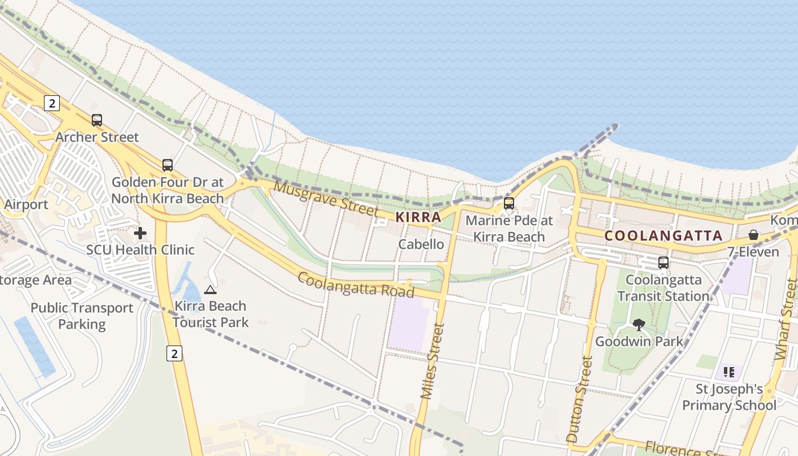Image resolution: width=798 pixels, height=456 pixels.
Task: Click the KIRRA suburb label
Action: (x=418, y=217)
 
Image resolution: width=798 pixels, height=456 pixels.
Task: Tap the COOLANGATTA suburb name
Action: (x=663, y=235)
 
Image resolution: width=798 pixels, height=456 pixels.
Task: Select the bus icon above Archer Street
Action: (x=97, y=120)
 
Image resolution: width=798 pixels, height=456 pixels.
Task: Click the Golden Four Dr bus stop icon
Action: (x=167, y=165)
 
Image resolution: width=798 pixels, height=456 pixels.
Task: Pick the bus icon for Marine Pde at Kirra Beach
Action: (x=509, y=203)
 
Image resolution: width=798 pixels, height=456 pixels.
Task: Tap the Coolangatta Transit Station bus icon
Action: (x=663, y=263)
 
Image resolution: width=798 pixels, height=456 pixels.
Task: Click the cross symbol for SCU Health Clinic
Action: (x=140, y=233)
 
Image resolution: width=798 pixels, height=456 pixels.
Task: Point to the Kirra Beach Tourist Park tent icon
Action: (x=210, y=290)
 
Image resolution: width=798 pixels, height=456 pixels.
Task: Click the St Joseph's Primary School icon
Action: (x=729, y=373)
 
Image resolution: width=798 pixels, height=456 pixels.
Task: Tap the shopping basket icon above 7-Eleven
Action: (x=754, y=235)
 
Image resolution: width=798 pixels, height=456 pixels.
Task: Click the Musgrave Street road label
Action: (x=326, y=198)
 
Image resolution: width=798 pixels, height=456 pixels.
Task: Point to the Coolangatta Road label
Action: (x=356, y=284)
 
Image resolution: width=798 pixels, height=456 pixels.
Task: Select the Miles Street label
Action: (x=431, y=361)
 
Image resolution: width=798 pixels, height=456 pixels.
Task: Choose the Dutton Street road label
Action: (x=580, y=398)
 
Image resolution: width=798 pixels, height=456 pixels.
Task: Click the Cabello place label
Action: (x=421, y=245)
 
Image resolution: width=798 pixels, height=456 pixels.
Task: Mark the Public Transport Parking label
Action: (x=82, y=316)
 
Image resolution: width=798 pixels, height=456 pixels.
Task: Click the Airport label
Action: (x=26, y=205)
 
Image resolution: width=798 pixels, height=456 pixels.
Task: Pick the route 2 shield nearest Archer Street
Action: (x=51, y=103)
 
